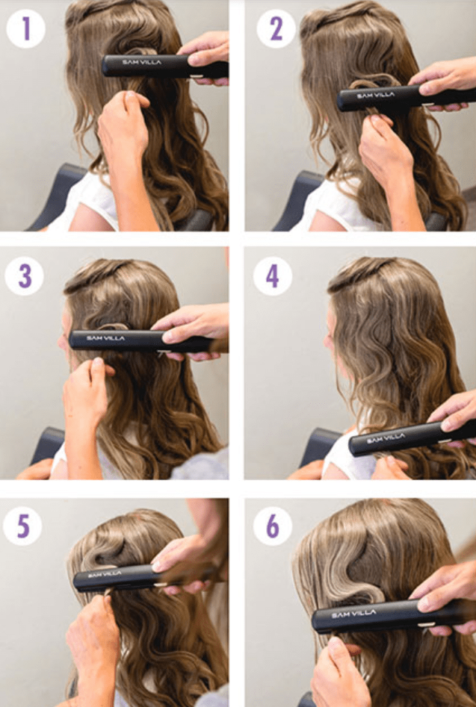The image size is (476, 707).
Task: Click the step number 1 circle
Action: click(x=26, y=28)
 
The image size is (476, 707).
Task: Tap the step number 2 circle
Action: click(x=276, y=28)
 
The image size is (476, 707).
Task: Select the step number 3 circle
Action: click(x=24, y=276)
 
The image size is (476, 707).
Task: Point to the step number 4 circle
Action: click(x=272, y=276)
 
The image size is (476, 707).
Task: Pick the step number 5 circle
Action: click(x=23, y=525)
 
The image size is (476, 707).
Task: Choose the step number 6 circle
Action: click(x=272, y=525)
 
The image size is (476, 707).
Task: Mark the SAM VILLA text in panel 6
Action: click(x=354, y=613)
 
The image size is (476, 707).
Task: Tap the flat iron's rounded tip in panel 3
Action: click(x=73, y=339)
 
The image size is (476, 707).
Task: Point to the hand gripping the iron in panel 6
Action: click(x=444, y=595)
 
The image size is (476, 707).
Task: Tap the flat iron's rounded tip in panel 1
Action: click(x=106, y=66)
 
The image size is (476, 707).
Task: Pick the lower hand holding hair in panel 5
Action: click(x=93, y=640)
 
